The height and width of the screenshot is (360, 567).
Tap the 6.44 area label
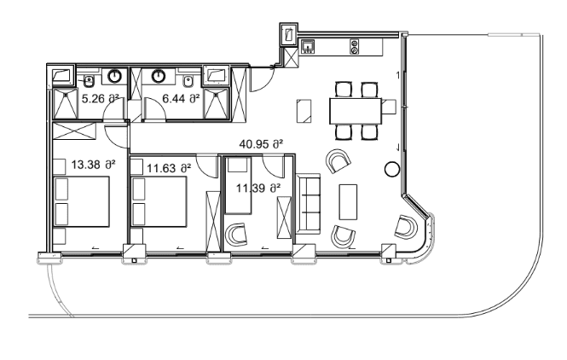[181, 99]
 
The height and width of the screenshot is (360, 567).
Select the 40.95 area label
[261, 144]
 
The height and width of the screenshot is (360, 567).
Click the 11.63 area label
[167, 169]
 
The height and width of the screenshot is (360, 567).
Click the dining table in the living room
[356, 110]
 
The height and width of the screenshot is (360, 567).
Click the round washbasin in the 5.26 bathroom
[115, 78]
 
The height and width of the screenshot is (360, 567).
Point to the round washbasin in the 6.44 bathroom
[158, 78]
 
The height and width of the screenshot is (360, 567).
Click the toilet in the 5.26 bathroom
[89, 82]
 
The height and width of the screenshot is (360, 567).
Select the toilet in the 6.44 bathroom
[187, 82]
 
